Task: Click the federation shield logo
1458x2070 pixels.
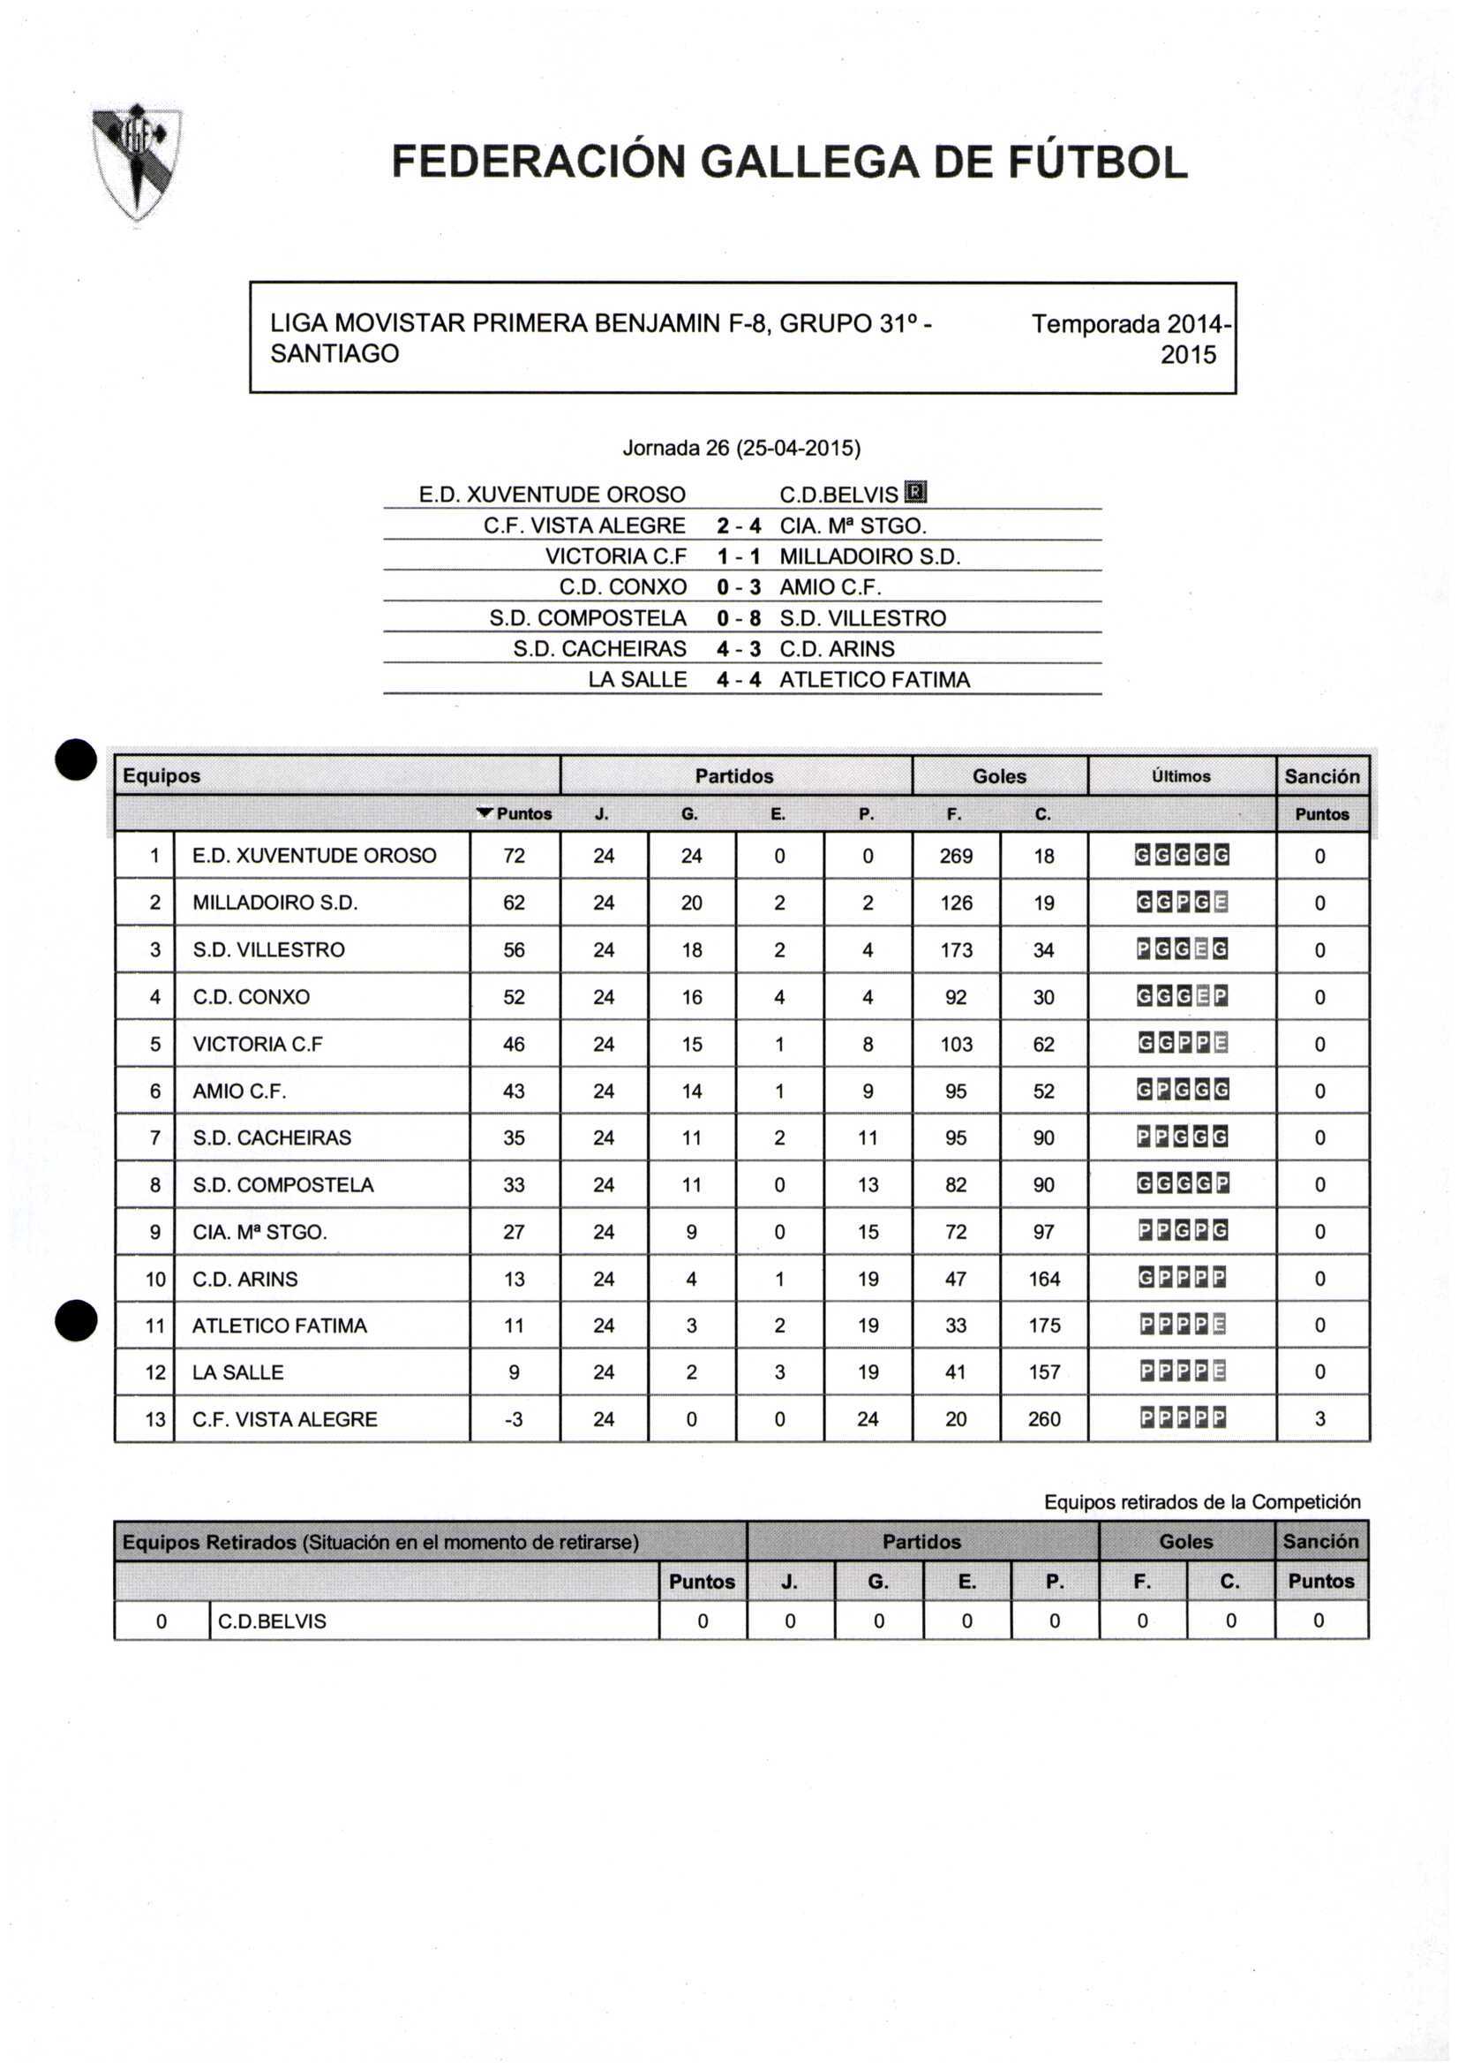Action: point(137,162)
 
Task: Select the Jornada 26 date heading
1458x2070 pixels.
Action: point(740,448)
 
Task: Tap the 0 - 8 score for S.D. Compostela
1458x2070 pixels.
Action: point(738,618)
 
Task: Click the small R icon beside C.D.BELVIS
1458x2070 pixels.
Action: point(914,492)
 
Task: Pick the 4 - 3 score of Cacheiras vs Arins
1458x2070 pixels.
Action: point(738,649)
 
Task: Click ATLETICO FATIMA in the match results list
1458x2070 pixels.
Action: point(874,680)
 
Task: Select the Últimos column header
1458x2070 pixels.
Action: point(1181,776)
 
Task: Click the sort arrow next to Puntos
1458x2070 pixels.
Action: point(485,813)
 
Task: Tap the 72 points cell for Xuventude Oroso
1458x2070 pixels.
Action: point(514,856)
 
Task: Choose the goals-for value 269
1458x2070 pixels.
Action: point(955,856)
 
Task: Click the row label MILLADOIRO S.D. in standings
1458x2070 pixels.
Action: point(274,903)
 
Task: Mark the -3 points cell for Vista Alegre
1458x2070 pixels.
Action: point(514,1419)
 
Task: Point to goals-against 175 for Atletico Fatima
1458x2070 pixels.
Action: point(1043,1326)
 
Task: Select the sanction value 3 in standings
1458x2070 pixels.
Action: point(1320,1419)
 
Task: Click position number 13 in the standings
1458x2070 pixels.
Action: point(155,1419)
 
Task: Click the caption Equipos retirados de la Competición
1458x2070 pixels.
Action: point(1201,1502)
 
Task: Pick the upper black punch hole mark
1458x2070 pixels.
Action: point(77,759)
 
